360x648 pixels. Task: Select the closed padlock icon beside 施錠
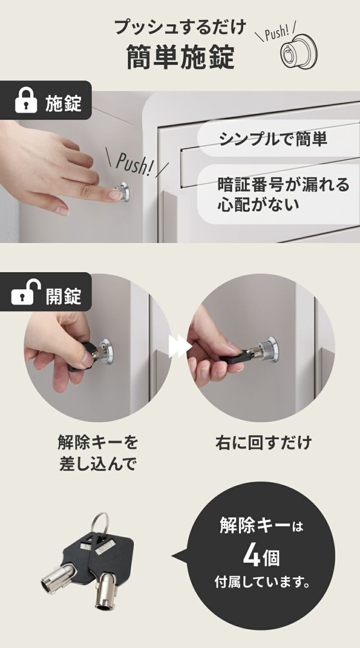point(26,102)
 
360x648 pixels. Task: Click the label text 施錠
point(63,103)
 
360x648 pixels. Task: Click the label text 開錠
point(63,296)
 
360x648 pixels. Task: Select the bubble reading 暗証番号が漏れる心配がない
point(279,194)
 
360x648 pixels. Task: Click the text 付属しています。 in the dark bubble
point(262,584)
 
